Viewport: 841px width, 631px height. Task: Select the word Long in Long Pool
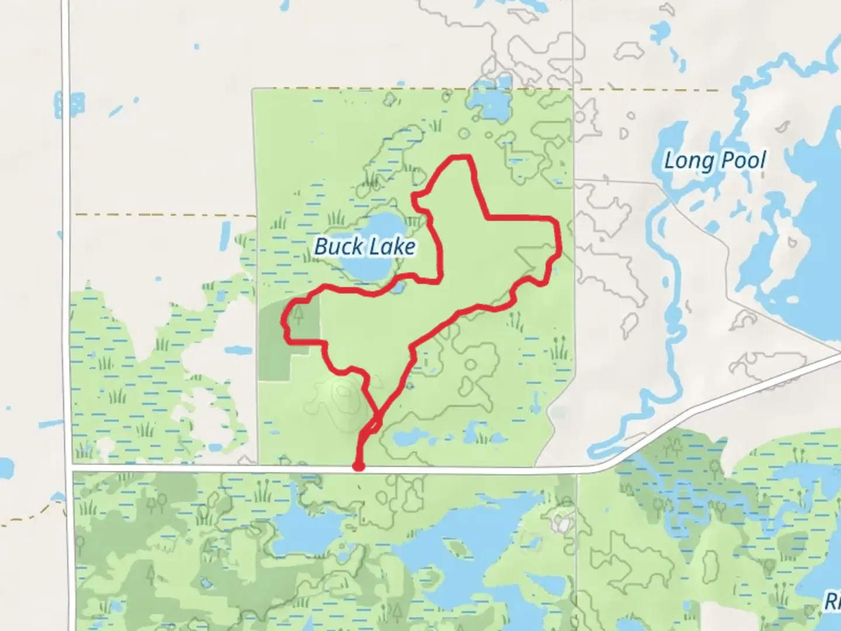tap(689, 161)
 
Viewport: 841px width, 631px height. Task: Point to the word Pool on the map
tap(741, 161)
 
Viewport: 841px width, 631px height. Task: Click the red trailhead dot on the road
tap(359, 466)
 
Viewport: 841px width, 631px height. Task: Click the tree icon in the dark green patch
tap(299, 316)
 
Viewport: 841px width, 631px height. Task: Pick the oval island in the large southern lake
tap(458, 549)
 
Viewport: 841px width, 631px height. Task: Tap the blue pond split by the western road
tap(69, 105)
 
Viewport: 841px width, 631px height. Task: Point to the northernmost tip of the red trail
tap(461, 157)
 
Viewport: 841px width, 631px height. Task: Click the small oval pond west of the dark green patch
tap(238, 351)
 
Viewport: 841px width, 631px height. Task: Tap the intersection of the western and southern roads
tap(70, 467)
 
